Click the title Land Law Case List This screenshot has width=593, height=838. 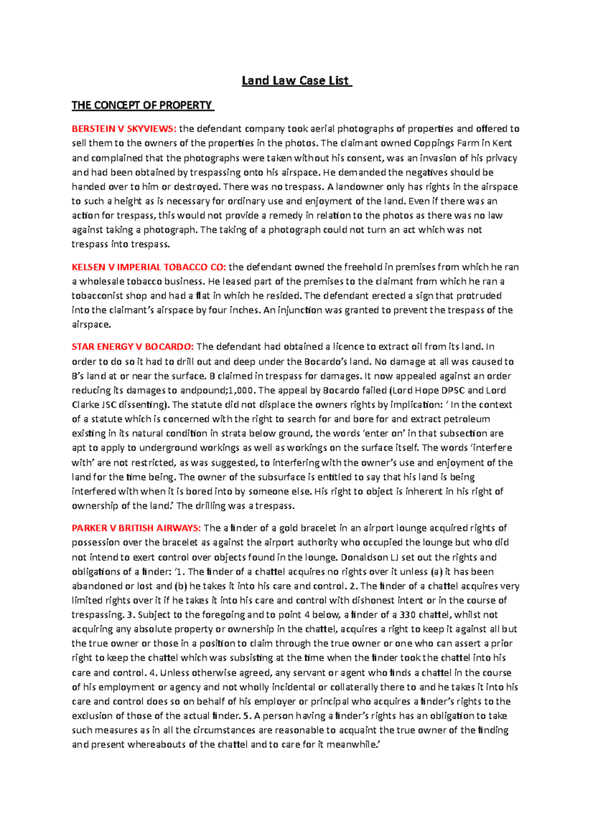(x=296, y=80)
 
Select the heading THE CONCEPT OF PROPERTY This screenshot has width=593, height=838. (x=142, y=105)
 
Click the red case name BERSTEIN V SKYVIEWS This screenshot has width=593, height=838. (x=124, y=129)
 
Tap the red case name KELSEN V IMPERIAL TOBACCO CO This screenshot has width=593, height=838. (x=149, y=267)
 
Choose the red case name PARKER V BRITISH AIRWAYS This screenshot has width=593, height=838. (x=136, y=528)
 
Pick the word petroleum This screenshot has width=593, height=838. (x=468, y=419)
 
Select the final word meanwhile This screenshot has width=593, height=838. (x=352, y=744)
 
